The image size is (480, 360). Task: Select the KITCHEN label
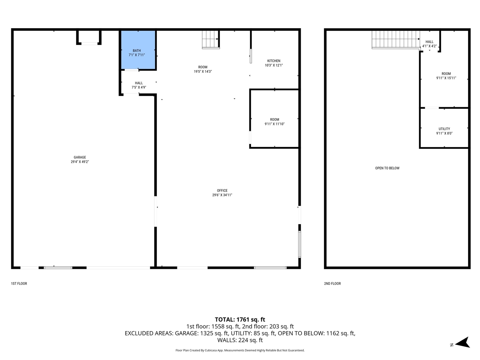274,61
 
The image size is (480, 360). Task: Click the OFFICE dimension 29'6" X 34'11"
222,195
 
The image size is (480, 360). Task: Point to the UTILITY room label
444,129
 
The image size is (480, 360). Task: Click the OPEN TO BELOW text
387,168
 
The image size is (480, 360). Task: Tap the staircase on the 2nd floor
396,40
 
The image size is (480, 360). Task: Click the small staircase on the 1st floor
210,39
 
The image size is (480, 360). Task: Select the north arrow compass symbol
463,342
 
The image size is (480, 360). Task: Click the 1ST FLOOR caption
19,283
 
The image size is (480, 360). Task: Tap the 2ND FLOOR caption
333,283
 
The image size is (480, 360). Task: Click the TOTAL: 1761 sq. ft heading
240,319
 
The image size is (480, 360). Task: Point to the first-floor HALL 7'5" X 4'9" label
139,85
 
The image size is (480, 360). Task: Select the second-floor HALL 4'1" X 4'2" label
429,44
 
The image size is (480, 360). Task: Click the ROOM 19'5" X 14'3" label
203,69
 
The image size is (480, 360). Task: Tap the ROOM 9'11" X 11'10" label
274,121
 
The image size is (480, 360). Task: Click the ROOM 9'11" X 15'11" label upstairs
446,76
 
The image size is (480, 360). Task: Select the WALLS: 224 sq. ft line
240,340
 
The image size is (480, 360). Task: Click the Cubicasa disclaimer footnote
240,350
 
